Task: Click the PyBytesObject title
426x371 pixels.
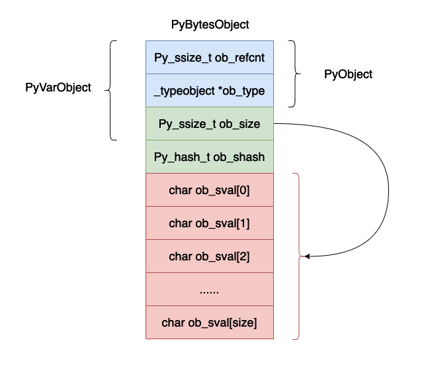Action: click(210, 25)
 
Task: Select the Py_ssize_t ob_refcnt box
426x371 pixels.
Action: click(210, 57)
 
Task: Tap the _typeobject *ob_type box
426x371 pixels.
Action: click(210, 91)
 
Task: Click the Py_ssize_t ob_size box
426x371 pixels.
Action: click(210, 124)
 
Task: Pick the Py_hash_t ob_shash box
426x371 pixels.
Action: click(210, 157)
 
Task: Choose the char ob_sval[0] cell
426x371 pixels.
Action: click(210, 190)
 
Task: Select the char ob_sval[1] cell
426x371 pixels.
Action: click(210, 223)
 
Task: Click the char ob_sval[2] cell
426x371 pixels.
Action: click(210, 256)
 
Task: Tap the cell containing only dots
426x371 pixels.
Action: click(210, 290)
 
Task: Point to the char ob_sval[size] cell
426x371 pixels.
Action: click(210, 323)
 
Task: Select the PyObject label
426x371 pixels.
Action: click(348, 74)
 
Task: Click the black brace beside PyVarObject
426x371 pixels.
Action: click(112, 90)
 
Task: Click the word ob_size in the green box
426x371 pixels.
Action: click(239, 124)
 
